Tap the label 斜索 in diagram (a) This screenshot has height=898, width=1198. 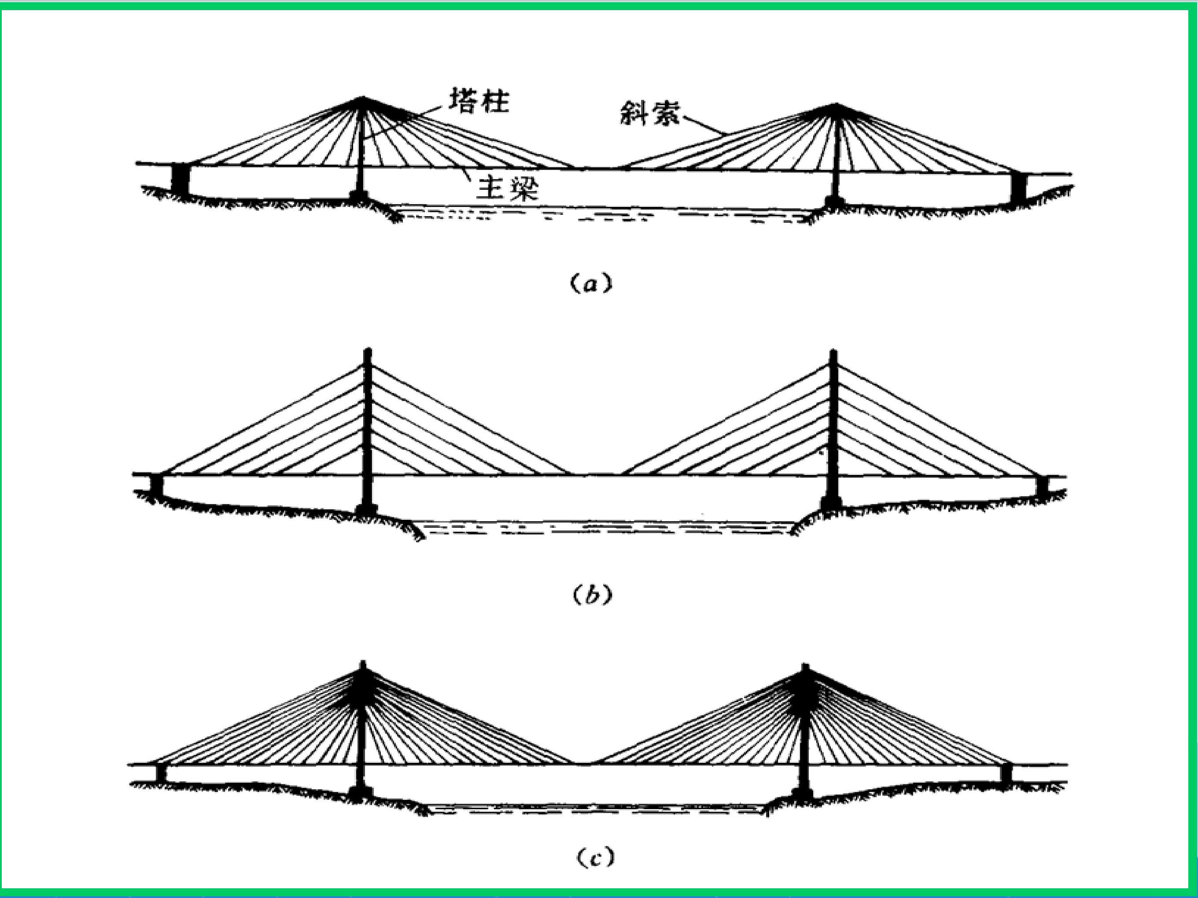coord(650,113)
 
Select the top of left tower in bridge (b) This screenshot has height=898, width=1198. coord(368,350)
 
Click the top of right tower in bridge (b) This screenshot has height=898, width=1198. coord(833,352)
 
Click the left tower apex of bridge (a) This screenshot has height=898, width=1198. coord(361,99)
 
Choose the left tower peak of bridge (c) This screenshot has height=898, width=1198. coord(362,663)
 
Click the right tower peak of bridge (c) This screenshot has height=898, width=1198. coord(805,666)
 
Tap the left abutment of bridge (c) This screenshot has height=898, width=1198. coord(160,773)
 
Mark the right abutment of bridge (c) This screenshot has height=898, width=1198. coord(1006,773)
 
